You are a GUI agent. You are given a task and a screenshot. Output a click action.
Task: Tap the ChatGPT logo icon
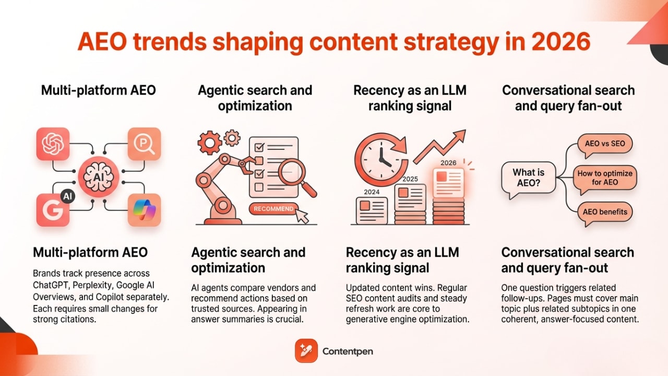(53, 144)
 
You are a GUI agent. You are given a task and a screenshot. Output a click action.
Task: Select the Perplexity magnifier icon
(144, 144)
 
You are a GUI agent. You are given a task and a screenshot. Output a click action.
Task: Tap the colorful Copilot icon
(144, 210)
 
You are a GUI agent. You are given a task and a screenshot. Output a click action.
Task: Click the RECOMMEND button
(273, 209)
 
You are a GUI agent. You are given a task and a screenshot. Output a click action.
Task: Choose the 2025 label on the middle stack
(410, 179)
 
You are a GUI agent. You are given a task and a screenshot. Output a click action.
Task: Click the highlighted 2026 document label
(448, 162)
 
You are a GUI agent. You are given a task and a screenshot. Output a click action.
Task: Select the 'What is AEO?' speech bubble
(528, 178)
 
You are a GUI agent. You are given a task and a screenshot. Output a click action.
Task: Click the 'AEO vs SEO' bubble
(605, 143)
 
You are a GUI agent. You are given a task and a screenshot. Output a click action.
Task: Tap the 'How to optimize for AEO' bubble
(605, 178)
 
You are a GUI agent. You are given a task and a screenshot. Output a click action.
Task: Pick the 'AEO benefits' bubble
(605, 212)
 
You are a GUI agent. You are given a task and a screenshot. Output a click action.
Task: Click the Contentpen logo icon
(306, 351)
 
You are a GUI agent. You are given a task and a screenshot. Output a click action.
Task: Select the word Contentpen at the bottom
(348, 351)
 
